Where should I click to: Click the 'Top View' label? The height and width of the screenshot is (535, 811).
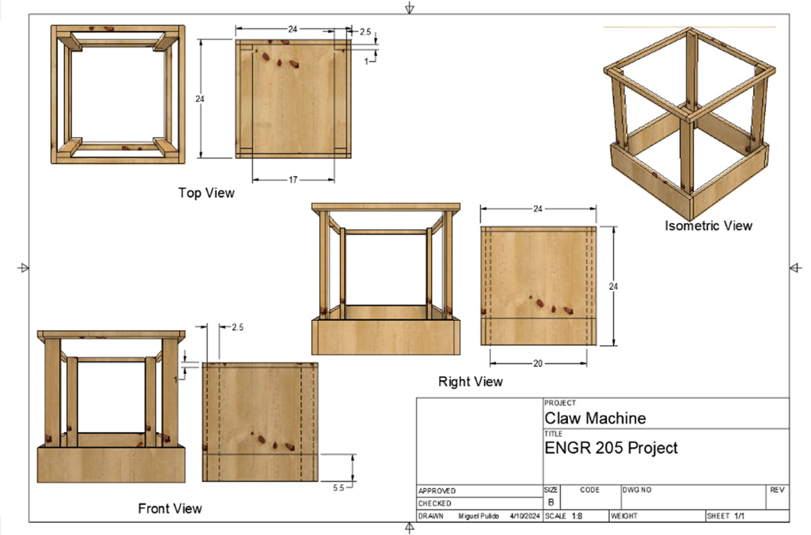coord(206,193)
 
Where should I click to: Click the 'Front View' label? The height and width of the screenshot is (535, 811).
coord(170,508)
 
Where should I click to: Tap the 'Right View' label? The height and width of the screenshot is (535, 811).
coord(470,382)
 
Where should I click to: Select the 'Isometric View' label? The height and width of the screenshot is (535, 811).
coord(708,225)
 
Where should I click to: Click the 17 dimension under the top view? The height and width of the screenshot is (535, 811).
coord(293,180)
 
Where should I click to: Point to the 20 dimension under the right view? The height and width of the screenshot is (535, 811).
coord(538,364)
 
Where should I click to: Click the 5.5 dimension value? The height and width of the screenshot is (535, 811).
coord(339,488)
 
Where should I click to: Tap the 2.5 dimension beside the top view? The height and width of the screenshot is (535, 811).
coord(365,32)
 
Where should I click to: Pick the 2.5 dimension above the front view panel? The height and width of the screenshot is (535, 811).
coord(237,327)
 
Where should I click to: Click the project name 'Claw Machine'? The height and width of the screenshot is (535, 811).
coord(595,418)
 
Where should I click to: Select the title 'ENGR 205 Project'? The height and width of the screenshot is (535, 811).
coord(611,448)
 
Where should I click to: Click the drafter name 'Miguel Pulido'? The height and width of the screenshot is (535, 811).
coord(478,516)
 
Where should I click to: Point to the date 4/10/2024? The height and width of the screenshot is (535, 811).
coord(524,516)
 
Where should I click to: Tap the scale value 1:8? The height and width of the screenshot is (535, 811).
coord(577,516)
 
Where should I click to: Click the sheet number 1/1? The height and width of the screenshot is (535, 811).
coord(739,516)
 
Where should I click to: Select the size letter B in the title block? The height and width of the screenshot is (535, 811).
coord(550,503)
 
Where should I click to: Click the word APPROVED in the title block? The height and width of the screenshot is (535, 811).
coord(437,491)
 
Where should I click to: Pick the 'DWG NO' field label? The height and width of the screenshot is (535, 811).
coord(637,490)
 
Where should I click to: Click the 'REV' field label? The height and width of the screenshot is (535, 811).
coord(777,490)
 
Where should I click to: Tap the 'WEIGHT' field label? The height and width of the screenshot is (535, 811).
coord(624,516)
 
